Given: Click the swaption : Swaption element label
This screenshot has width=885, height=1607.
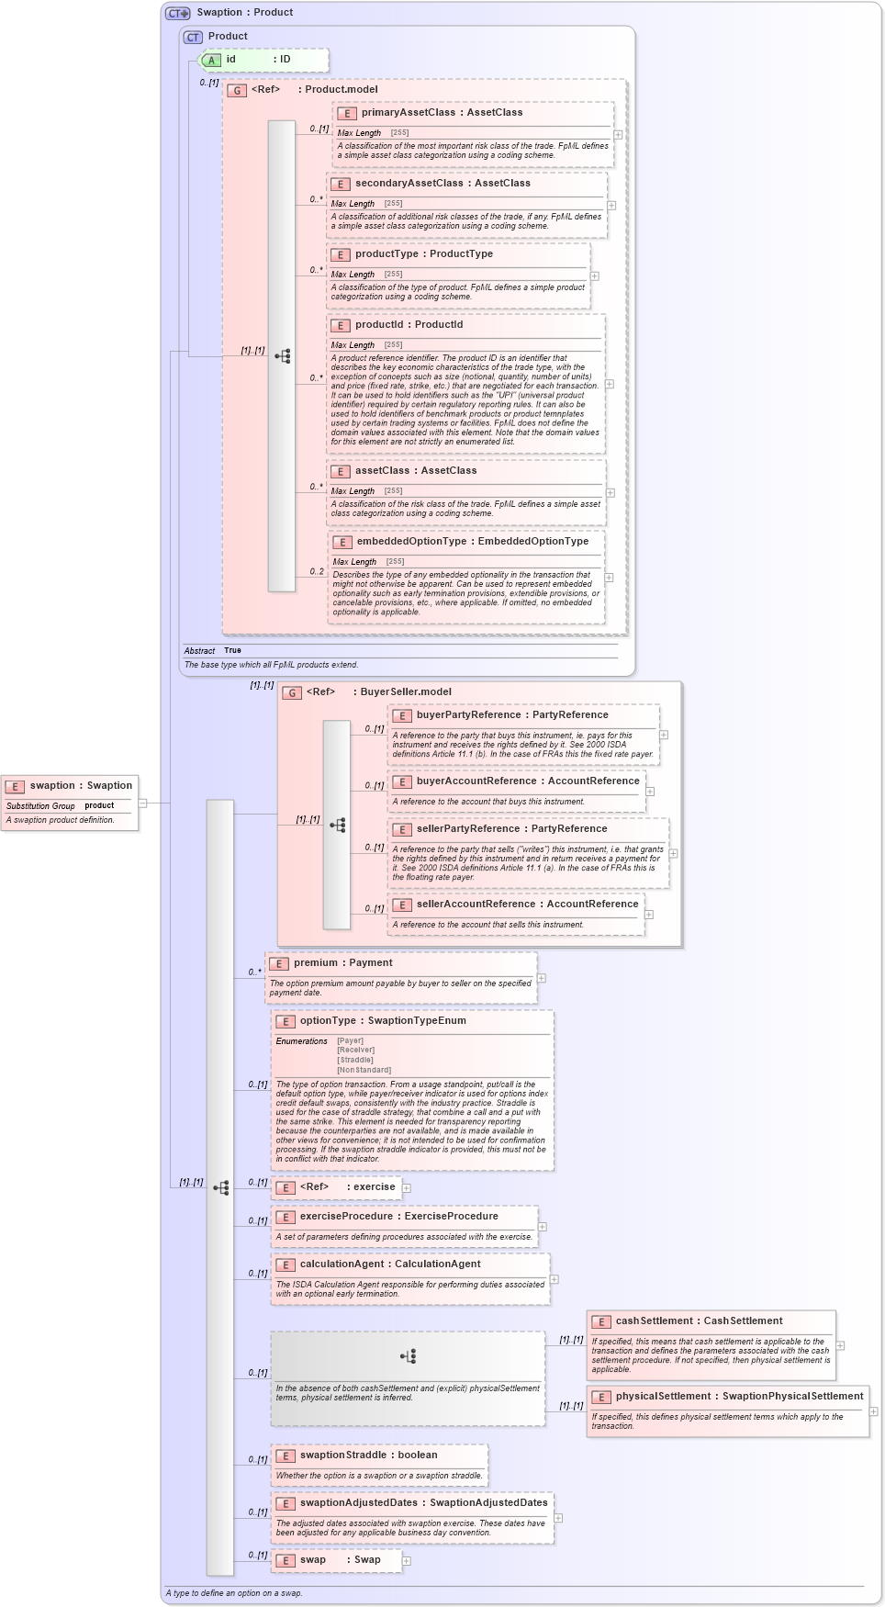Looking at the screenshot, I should click(x=81, y=785).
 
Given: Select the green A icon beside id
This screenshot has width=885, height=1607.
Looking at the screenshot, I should click(x=211, y=60).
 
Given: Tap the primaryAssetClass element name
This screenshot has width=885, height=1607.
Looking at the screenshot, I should click(x=408, y=112).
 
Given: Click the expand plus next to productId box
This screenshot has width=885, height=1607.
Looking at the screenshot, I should click(x=609, y=384).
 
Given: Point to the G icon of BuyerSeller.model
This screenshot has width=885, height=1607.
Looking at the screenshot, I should click(x=292, y=692).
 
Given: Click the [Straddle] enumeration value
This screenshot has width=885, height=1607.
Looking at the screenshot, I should click(x=355, y=1060).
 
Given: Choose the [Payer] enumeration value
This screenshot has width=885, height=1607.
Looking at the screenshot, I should click(x=351, y=1040).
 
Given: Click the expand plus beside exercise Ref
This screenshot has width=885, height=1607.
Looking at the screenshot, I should click(x=406, y=1187).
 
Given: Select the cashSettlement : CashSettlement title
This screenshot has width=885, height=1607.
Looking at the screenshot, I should click(x=699, y=1320).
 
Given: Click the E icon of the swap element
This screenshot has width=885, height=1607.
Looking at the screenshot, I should click(x=286, y=1560).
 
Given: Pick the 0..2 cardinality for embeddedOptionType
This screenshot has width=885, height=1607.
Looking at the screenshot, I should click(x=317, y=571).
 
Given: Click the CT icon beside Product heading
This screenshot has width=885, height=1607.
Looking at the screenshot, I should click(x=193, y=37).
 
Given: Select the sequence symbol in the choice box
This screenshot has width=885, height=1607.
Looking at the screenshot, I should click(x=409, y=1356).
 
